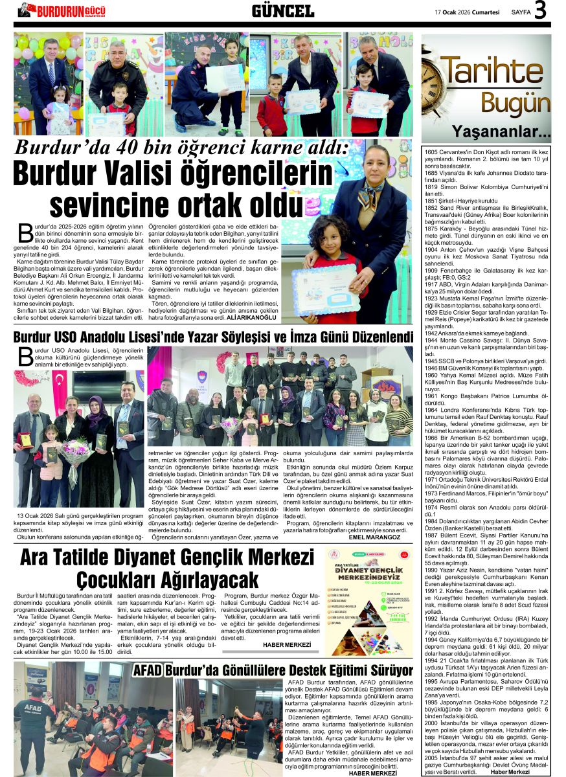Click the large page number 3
pyautogui.click(x=541, y=10)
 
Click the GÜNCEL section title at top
pyautogui.click(x=282, y=11)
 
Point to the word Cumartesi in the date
pyautogui.click(x=484, y=12)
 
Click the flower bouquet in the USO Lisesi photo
pyautogui.click(x=76, y=451)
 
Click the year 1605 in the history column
pyautogui.click(x=431, y=151)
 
